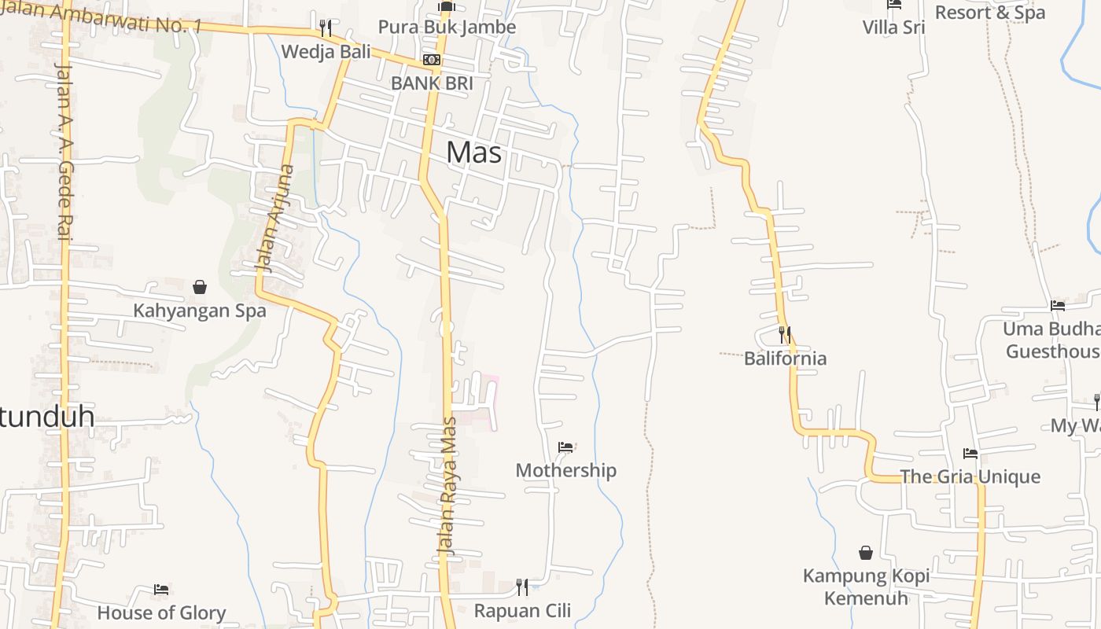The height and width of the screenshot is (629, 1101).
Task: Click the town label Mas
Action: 473,152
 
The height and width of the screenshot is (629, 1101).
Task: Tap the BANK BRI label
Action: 432,83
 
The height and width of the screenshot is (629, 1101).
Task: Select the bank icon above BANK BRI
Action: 431,60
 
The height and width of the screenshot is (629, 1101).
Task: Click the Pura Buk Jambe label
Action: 447,27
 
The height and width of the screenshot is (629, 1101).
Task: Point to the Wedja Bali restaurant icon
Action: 325,28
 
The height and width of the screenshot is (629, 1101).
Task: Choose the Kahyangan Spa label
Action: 200,310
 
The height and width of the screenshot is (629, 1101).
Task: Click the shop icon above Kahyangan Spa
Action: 200,287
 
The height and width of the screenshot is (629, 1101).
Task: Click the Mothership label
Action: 565,470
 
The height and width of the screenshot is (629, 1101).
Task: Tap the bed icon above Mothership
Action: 565,447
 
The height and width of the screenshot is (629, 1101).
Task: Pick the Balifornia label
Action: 785,359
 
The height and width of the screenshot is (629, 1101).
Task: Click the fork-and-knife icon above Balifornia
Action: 784,335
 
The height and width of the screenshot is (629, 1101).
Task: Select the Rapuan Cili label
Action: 522,610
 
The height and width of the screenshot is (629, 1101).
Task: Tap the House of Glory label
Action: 161,612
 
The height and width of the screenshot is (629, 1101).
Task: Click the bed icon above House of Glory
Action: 161,589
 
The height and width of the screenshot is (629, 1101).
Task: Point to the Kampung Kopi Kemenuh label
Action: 866,587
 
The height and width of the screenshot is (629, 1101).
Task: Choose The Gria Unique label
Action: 970,476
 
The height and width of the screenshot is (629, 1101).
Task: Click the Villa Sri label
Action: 893,28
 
